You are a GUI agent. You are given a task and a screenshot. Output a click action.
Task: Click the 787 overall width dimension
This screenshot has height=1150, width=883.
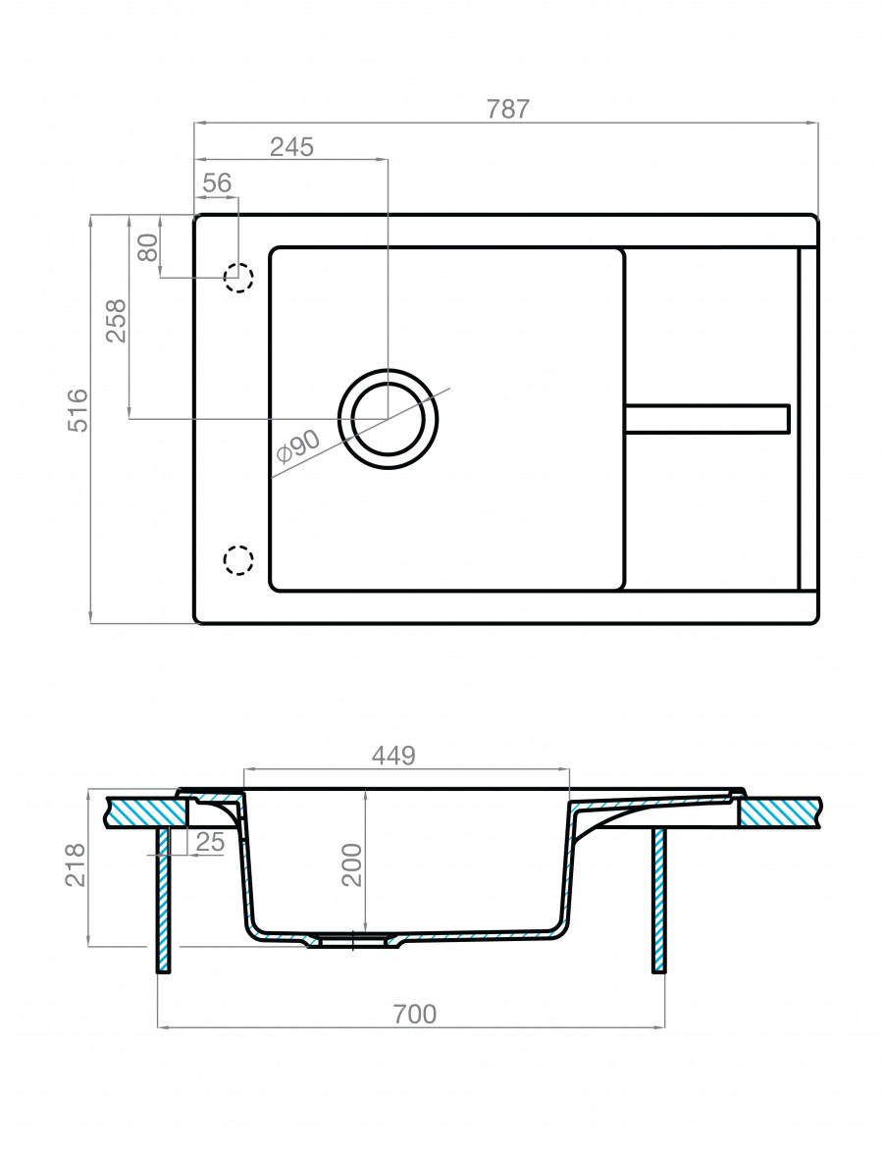[x=508, y=109]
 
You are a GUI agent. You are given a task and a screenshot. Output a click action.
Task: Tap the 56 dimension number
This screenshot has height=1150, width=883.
[x=217, y=183]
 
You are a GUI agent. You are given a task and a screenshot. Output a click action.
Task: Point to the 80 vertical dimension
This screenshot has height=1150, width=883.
[x=148, y=246]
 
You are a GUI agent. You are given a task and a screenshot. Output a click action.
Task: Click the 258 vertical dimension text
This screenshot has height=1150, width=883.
[x=117, y=320]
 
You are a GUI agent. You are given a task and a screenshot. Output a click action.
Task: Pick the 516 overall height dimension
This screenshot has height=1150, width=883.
[x=78, y=410]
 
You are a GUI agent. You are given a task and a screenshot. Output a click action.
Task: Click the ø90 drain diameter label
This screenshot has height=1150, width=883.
[x=298, y=447]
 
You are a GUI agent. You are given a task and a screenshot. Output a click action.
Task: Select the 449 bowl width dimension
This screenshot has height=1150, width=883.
[x=393, y=756]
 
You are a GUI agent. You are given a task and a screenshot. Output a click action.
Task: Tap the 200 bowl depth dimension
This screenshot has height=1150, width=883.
[x=352, y=864]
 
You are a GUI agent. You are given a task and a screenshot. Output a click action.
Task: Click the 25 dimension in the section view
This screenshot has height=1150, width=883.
[x=210, y=841]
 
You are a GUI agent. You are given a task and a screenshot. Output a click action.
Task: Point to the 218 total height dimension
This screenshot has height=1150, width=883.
[x=76, y=864]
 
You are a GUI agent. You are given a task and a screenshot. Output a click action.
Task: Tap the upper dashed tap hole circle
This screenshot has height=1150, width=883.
[x=238, y=278]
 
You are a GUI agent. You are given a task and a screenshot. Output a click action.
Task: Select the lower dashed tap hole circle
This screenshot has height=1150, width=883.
[x=238, y=559]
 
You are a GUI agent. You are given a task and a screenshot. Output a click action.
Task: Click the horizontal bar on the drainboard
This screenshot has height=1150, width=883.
[x=707, y=418]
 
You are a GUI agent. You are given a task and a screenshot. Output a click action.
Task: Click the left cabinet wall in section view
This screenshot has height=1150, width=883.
[x=163, y=898]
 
